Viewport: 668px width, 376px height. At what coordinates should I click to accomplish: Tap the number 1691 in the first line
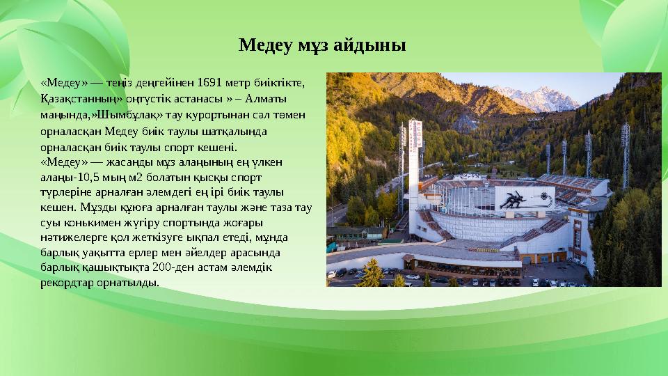(212, 82)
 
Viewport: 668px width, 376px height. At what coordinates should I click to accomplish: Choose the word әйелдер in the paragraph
(195, 253)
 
